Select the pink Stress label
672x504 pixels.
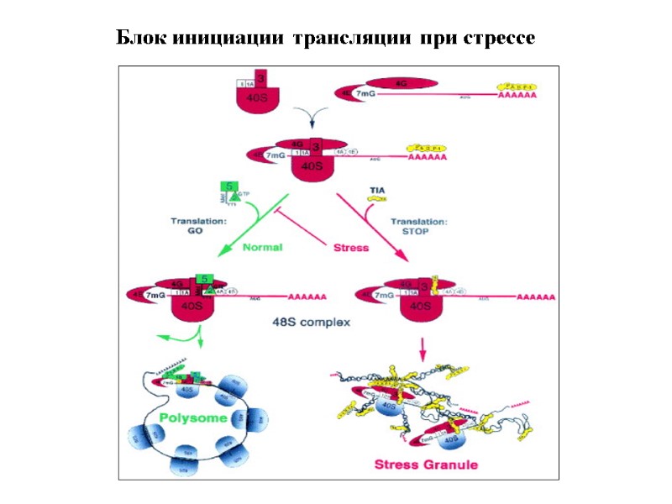point(351,248)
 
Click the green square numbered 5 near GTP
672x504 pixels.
point(228,186)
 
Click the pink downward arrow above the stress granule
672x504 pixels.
point(423,345)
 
